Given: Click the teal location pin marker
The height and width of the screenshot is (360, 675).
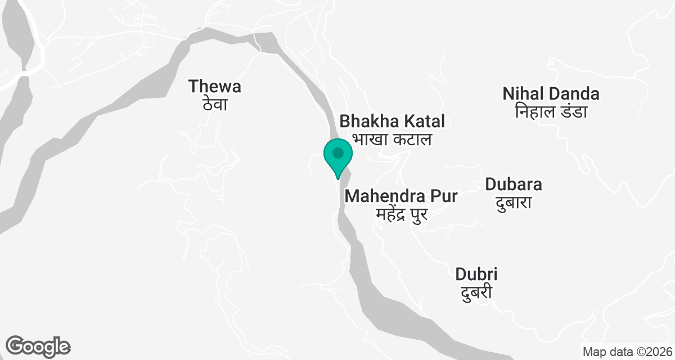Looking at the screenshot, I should pos(337,157).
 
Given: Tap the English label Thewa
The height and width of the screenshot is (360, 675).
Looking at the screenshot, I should pos(215,86).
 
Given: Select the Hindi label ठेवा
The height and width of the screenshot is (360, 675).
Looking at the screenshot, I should pos(215,105).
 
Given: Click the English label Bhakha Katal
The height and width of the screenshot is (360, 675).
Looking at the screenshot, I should pos(392,120).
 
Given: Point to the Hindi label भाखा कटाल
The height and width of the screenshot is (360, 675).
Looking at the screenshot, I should pos(392,139).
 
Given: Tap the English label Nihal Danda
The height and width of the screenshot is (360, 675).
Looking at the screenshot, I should pos(551,93).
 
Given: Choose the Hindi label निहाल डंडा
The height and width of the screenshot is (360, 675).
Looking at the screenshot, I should pos(551,111).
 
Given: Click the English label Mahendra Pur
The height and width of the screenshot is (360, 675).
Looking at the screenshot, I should pos(401,196).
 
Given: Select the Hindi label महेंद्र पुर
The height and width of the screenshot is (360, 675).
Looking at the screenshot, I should pos(401,214).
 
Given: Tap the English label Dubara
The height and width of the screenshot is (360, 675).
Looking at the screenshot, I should pos(513,184).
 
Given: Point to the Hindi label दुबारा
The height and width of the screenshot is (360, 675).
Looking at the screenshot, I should pos(513,202).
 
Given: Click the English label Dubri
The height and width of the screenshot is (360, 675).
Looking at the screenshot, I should pos(476,274).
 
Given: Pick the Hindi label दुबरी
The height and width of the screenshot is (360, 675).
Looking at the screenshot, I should pos(476,292).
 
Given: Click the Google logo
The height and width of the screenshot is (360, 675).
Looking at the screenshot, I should pos(38,346).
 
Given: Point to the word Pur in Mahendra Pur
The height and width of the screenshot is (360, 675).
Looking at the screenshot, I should pos(443,196).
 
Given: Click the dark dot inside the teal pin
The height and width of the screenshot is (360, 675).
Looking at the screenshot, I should pos(337,152).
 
